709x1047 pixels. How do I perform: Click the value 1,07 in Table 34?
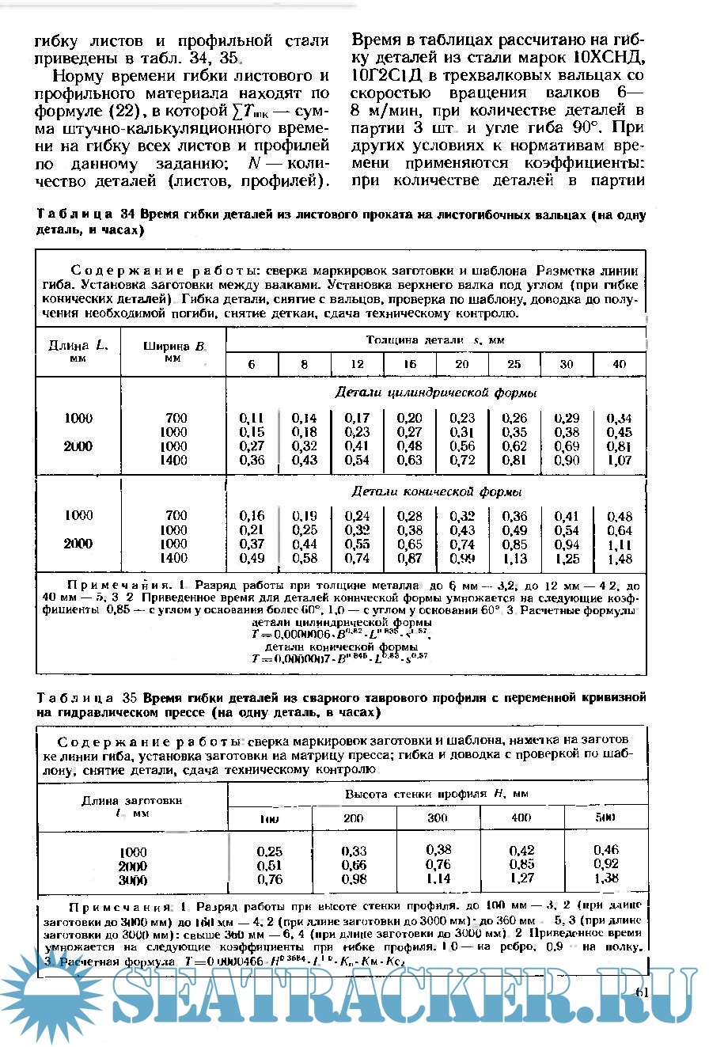(619, 461)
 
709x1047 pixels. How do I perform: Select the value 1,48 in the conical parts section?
(619, 559)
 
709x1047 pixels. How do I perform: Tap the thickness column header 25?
(514, 364)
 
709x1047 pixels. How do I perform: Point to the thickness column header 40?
(619, 364)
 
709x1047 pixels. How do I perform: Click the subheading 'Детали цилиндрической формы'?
(436, 393)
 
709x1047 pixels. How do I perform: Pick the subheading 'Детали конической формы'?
(436, 491)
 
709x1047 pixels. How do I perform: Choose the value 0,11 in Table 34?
(251, 418)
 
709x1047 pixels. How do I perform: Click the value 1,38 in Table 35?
(606, 878)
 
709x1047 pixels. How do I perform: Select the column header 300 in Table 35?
(438, 817)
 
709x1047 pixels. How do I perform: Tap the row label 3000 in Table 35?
(132, 879)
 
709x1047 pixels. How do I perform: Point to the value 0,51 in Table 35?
(269, 865)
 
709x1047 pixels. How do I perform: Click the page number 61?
(642, 992)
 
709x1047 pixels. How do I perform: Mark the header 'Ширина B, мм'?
(173, 351)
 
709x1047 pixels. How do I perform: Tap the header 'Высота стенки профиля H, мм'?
(436, 793)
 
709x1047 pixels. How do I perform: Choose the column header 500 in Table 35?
(605, 817)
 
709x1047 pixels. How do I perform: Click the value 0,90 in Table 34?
(567, 461)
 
